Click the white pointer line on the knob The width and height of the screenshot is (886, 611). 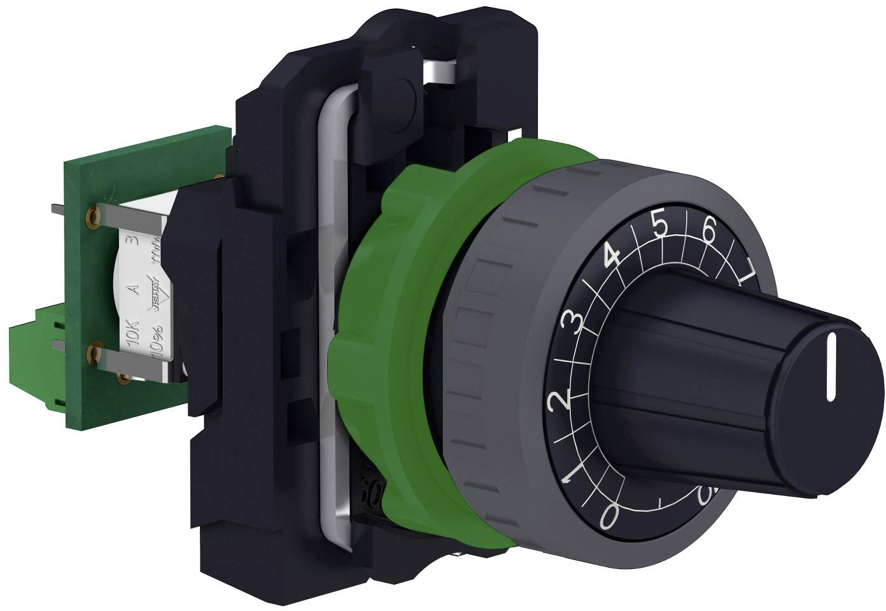[831, 370]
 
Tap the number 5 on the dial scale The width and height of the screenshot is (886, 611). [660, 227]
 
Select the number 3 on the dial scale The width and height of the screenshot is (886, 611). [573, 324]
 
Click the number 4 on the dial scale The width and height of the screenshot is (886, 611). [612, 256]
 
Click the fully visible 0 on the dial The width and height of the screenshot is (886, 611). [609, 517]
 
